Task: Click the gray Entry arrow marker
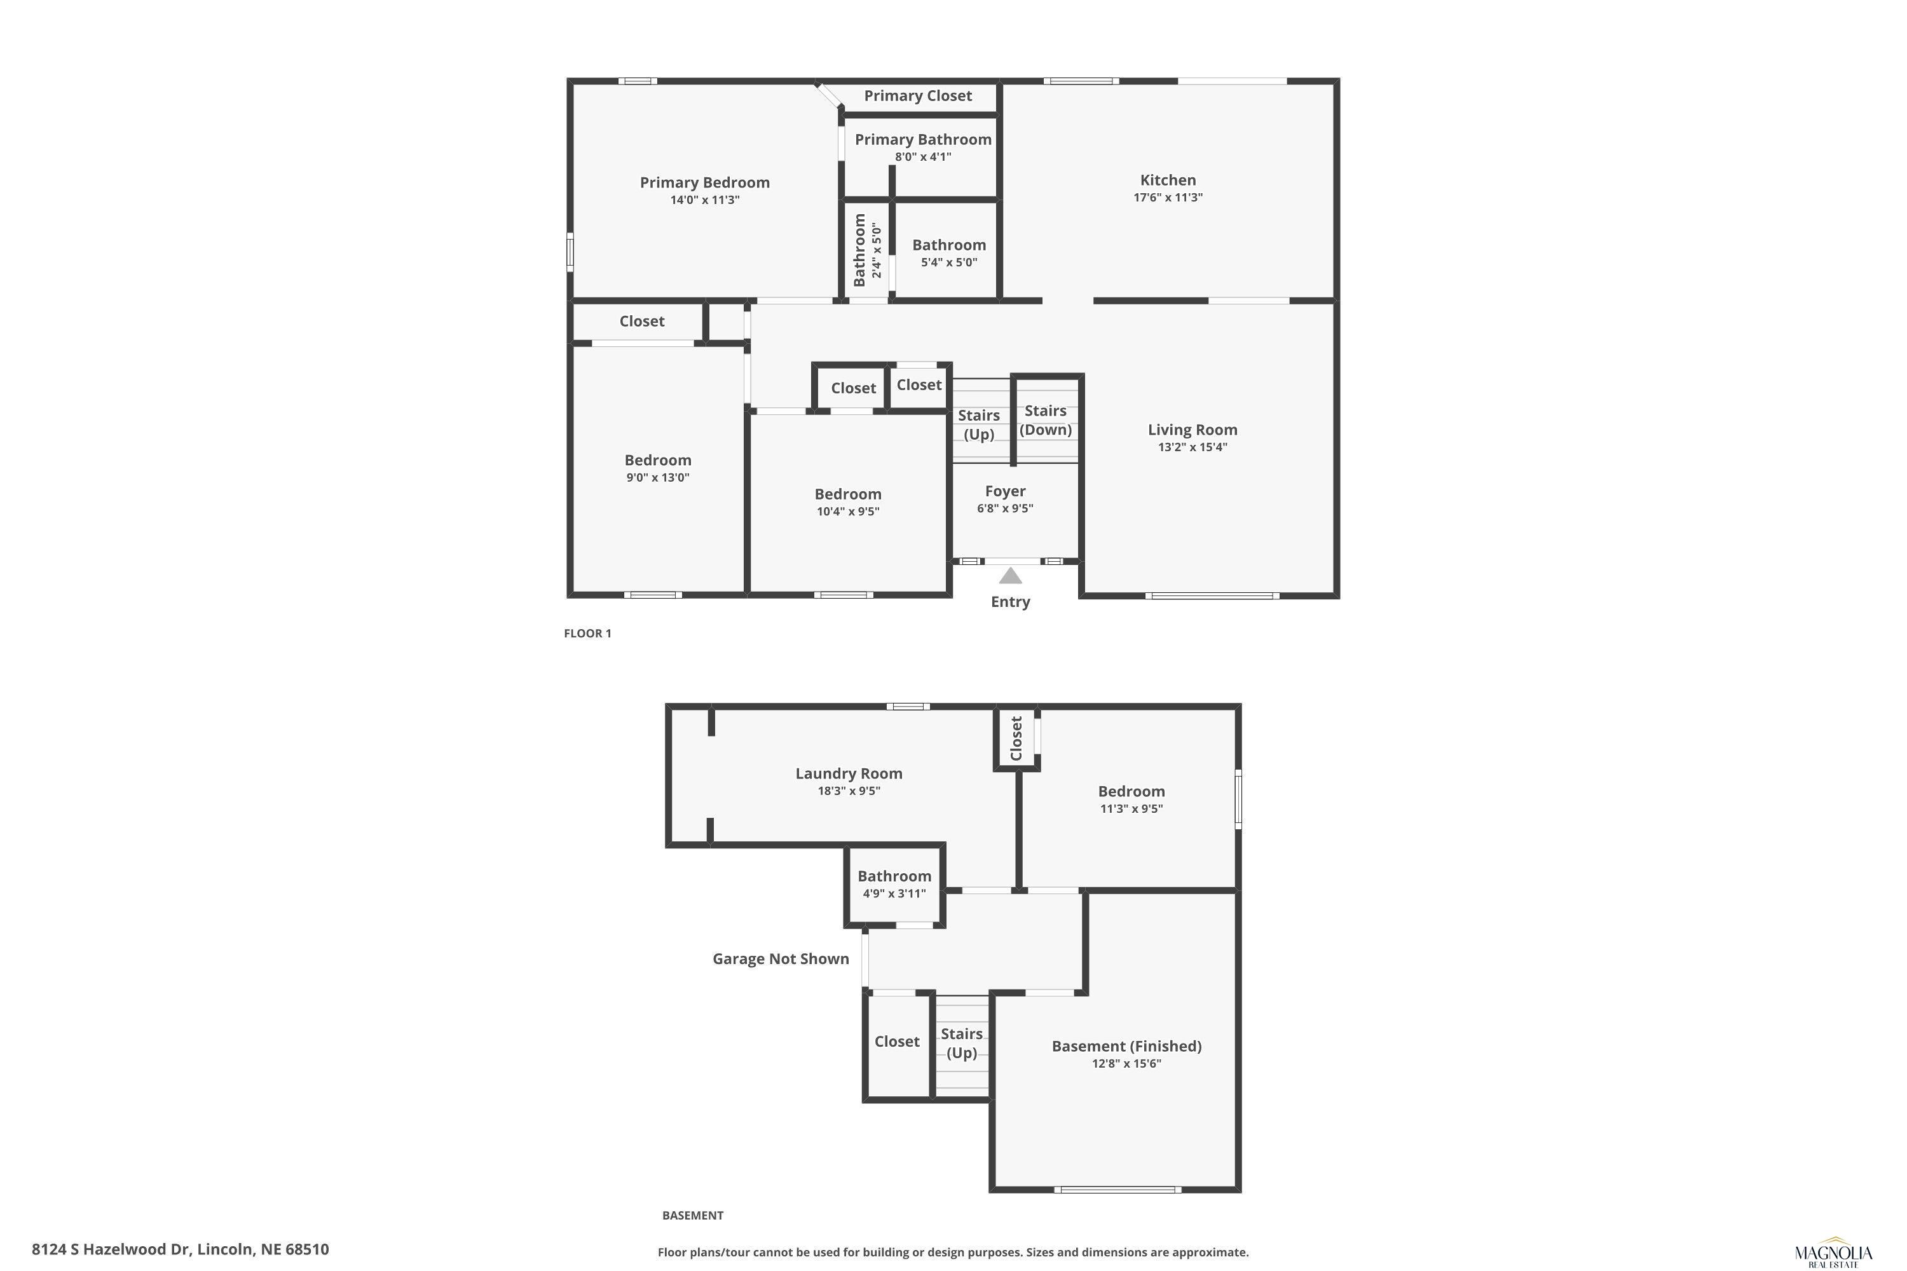pos(1010,576)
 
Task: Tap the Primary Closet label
pos(918,96)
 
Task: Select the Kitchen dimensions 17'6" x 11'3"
pos(1168,197)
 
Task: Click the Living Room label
pos(1193,430)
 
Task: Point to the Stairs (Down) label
pos(1045,420)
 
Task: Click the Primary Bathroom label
pos(923,139)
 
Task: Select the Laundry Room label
pos(849,773)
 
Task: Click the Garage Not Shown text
pos(781,959)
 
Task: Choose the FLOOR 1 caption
pos(588,633)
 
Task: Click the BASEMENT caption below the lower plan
pos(692,1215)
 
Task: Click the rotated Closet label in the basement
pos(1016,738)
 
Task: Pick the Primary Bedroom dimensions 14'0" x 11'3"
pos(704,200)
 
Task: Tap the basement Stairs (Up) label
pos(962,1043)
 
